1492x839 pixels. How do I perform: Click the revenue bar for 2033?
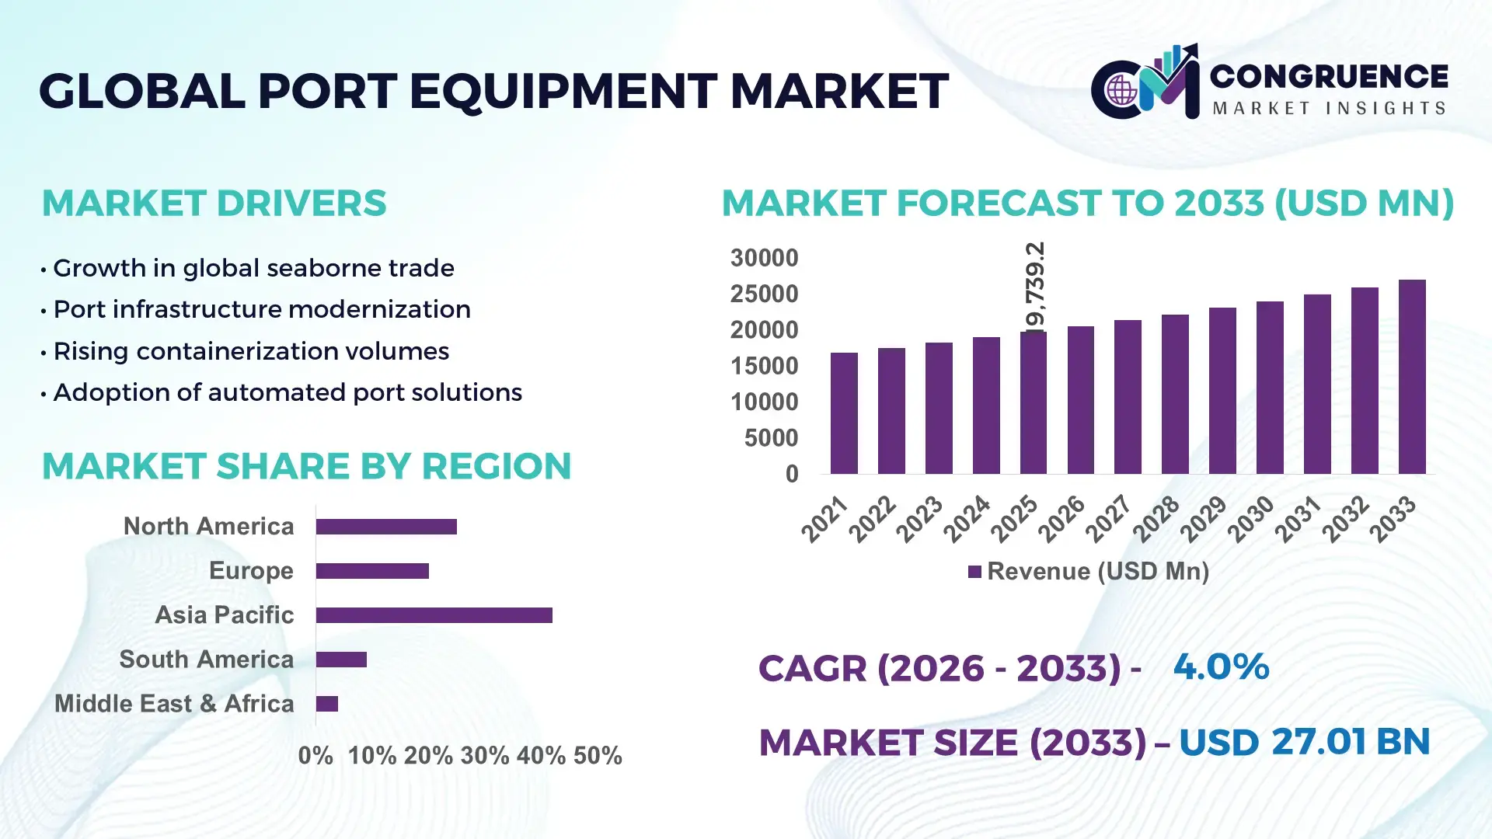point(1411,378)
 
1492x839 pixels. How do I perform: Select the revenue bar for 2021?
point(844,413)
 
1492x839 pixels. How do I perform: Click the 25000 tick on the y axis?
point(764,294)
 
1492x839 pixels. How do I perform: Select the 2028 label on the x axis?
point(1156,519)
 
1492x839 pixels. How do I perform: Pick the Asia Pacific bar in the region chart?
point(434,615)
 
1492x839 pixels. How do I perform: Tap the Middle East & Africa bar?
point(326,704)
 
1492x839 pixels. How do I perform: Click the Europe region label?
point(251,571)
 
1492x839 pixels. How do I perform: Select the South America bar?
point(341,660)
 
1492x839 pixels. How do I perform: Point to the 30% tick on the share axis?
point(484,756)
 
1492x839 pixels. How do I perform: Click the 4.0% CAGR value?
point(1220,667)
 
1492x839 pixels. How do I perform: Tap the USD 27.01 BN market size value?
point(1304,742)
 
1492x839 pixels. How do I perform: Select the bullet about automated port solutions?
point(287,392)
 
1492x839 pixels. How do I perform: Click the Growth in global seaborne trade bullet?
point(253,268)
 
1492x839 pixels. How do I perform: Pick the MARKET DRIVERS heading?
point(214,204)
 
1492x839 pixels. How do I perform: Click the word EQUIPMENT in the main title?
point(563,92)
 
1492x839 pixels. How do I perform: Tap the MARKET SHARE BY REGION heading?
point(306,466)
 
